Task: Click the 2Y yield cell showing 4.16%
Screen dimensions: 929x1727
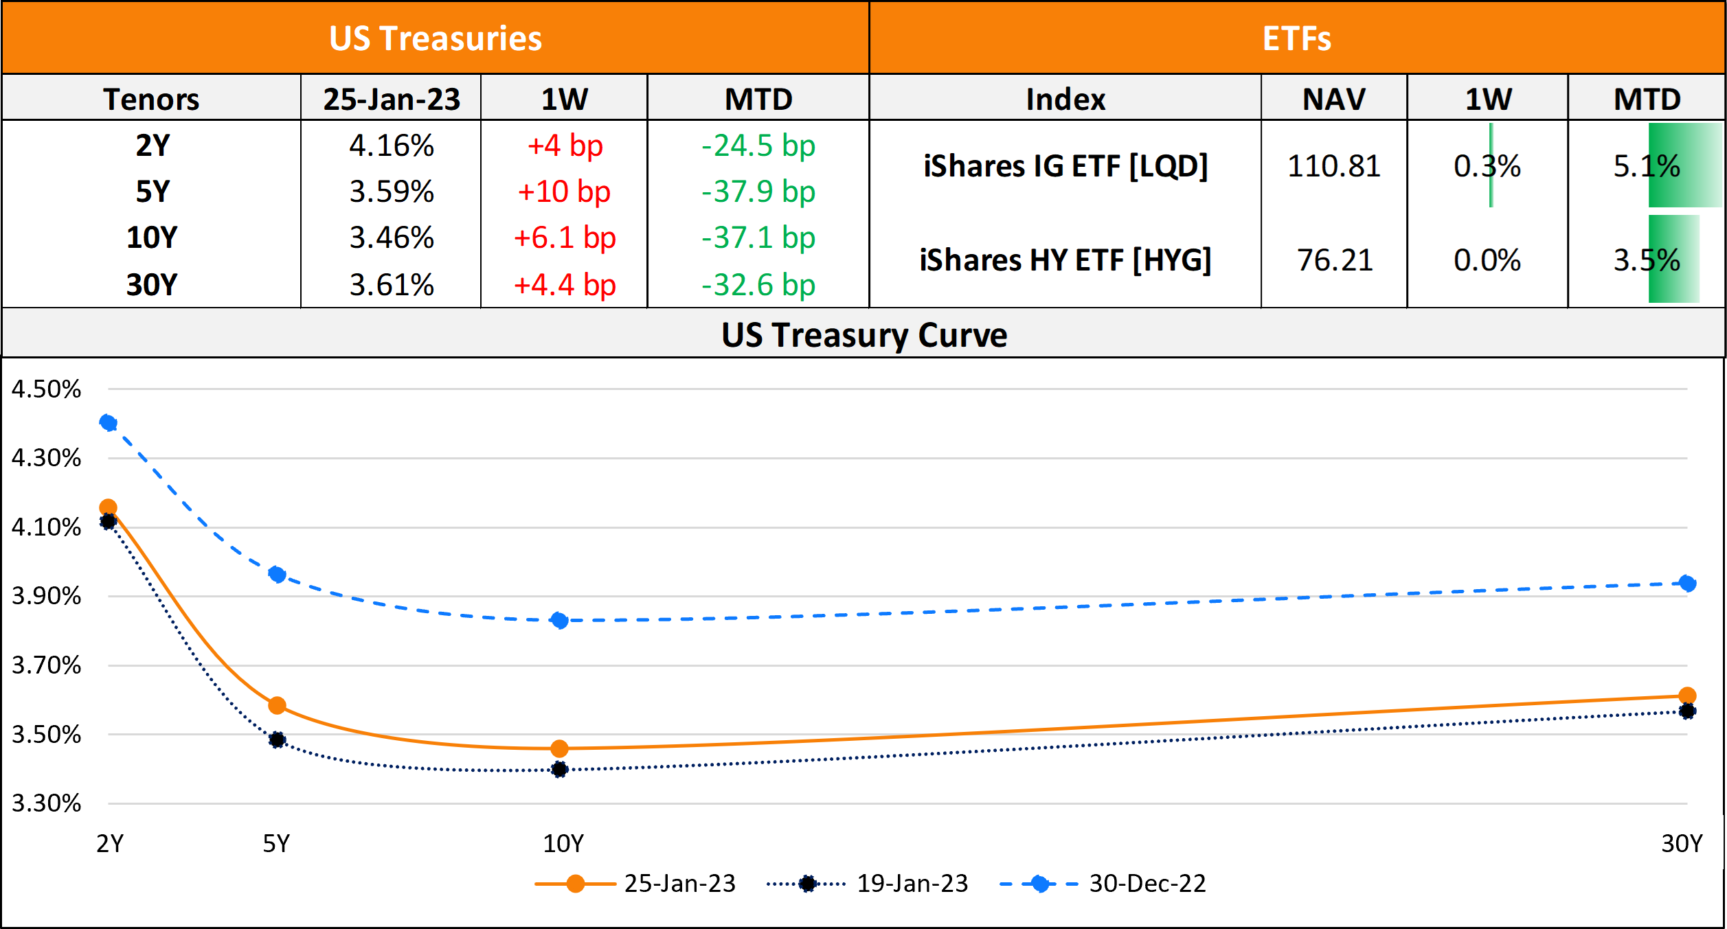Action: (x=392, y=146)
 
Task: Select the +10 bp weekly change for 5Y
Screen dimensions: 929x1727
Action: (x=564, y=192)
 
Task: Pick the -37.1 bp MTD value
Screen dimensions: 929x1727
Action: (x=758, y=238)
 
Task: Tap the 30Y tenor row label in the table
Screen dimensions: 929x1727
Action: (x=152, y=284)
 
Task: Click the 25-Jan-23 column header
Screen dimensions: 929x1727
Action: (x=392, y=99)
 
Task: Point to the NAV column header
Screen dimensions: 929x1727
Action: (x=1334, y=99)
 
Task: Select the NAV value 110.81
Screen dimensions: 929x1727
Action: (x=1334, y=166)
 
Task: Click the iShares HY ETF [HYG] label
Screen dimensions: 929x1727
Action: (x=1065, y=260)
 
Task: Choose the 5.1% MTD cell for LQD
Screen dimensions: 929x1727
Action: (x=1647, y=166)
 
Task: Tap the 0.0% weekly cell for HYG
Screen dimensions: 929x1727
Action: (x=1487, y=260)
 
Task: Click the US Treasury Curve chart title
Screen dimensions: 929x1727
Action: (x=864, y=335)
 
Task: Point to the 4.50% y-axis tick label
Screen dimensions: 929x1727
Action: (x=46, y=389)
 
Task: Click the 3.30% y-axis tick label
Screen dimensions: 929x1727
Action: (x=46, y=803)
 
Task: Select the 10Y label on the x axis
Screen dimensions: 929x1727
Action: (x=563, y=843)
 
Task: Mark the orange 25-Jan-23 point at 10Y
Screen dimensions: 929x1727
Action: (x=560, y=748)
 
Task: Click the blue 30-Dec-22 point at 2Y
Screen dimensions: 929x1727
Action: (x=108, y=422)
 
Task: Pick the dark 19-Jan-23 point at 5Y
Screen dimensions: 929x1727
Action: (x=277, y=739)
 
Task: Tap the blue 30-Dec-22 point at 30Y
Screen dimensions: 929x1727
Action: (x=1687, y=584)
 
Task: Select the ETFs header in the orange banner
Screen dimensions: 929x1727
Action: (x=1297, y=38)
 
